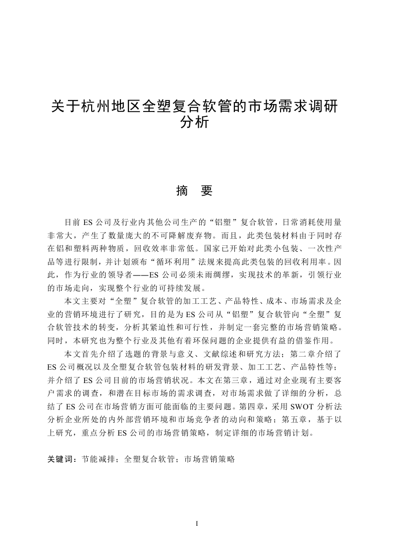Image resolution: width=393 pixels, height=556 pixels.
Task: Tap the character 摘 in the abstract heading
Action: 181,191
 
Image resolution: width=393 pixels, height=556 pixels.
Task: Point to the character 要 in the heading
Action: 207,191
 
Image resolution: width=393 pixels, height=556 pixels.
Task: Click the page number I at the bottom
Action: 197,524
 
